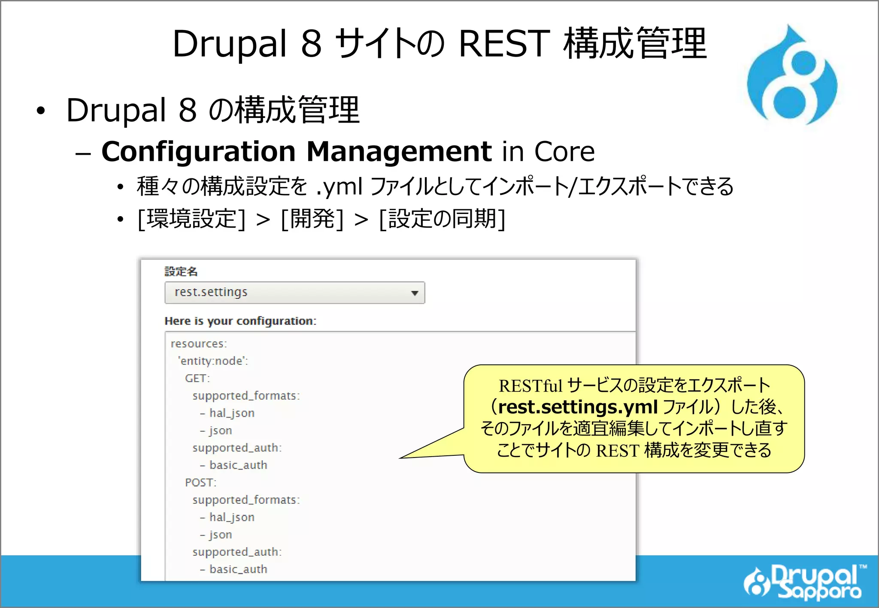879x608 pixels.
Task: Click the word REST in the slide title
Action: click(504, 44)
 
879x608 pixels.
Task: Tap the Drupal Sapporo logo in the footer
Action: click(803, 582)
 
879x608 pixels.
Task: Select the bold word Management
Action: click(399, 152)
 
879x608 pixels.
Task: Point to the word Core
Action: click(564, 152)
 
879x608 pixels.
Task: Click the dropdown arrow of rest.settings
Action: click(414, 293)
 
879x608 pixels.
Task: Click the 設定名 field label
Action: click(181, 272)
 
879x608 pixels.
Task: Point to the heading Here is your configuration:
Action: click(240, 321)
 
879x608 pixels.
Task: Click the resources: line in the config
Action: click(199, 344)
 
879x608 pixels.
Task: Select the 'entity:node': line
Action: click(213, 361)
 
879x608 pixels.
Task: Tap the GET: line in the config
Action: click(197, 378)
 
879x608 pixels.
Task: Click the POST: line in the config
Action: click(200, 483)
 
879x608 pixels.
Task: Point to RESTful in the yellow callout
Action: click(530, 386)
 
